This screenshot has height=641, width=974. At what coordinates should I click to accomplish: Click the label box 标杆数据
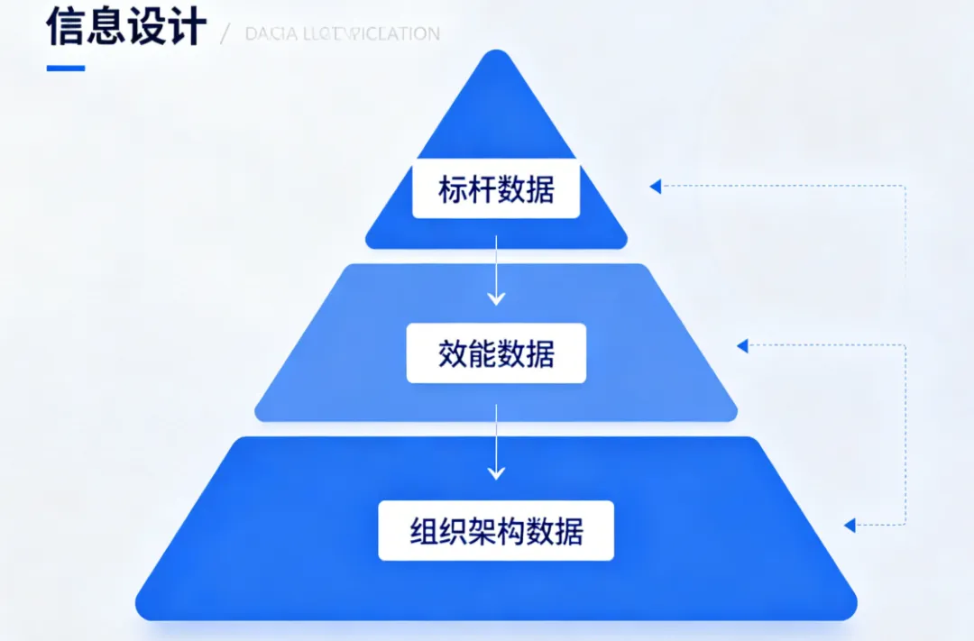click(x=496, y=189)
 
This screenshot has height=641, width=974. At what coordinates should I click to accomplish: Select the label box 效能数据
click(x=496, y=353)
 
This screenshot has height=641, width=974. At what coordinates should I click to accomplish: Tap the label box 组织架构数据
click(x=496, y=531)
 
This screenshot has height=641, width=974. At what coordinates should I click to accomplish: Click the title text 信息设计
click(x=126, y=27)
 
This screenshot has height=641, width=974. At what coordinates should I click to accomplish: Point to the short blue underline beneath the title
click(x=66, y=68)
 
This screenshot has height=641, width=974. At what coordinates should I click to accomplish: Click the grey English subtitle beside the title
click(x=343, y=34)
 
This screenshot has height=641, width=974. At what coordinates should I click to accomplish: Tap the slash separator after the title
click(x=225, y=34)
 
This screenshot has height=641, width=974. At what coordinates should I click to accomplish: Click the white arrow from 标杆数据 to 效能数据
click(x=496, y=270)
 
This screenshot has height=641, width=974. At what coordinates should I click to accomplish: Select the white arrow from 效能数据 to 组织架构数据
click(x=496, y=442)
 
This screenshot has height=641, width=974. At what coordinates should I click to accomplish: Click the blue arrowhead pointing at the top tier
click(x=656, y=187)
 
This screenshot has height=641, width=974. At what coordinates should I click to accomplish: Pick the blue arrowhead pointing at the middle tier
click(x=743, y=345)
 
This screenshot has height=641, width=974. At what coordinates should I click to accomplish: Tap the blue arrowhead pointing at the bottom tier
click(x=850, y=524)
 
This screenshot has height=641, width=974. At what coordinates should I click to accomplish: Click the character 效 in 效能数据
click(x=453, y=353)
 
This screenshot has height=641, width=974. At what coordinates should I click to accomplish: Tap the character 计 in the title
click(x=187, y=27)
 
